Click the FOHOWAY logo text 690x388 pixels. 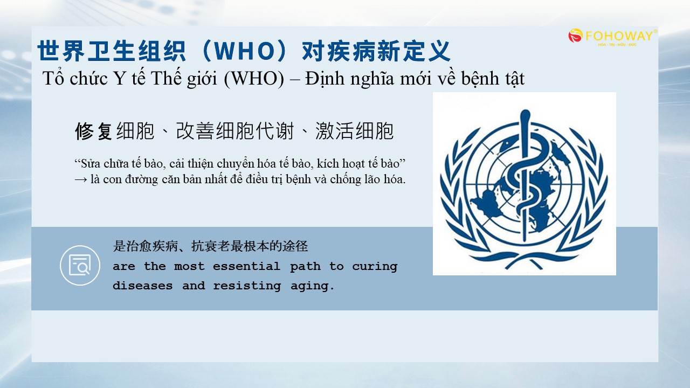point(619,36)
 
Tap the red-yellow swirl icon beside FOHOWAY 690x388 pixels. point(575,36)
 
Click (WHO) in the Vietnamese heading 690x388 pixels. point(254,79)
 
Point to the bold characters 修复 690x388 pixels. point(94,131)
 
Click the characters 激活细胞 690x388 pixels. point(354,131)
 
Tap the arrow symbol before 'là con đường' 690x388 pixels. point(81,179)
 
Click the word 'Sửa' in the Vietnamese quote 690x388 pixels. point(91,163)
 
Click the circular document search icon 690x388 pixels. point(80,266)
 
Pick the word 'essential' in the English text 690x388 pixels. point(246,266)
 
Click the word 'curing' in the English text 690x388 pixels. point(375,267)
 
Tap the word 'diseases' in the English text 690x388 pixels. point(143,286)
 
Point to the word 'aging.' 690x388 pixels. point(312,286)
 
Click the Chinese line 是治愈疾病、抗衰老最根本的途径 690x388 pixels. point(210,246)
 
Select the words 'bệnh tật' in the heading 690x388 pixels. point(493,79)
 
